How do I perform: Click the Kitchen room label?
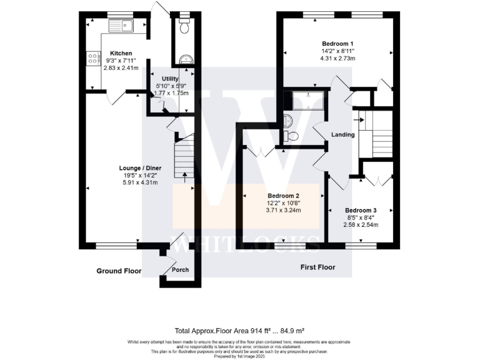click(x=121, y=53)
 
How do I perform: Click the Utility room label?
click(x=170, y=78)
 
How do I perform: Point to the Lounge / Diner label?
click(x=139, y=167)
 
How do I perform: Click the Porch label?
click(x=180, y=270)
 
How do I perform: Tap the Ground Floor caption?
click(x=119, y=271)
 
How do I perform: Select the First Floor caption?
click(x=317, y=267)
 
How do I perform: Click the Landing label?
click(x=343, y=134)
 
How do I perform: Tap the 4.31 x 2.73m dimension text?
click(x=337, y=58)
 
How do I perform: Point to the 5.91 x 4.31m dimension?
click(x=139, y=182)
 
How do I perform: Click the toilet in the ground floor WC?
click(x=183, y=27)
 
